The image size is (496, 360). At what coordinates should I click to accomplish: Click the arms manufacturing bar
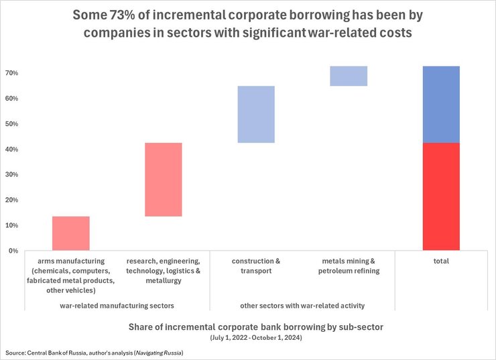point(71,233)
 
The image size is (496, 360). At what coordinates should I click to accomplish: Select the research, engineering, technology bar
point(164,180)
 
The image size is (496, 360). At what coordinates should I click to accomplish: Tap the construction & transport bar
point(256,114)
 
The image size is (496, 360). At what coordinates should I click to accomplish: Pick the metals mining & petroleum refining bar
point(349,76)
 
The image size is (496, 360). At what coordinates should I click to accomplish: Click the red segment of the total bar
point(441,196)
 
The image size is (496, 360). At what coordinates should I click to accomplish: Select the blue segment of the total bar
point(441,104)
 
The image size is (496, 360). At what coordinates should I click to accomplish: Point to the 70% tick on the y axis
point(12,73)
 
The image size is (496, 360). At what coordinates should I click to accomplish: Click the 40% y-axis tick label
point(12,149)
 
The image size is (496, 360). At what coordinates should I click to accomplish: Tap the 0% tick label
point(13,251)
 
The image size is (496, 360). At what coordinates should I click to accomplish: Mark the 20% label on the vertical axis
point(12,200)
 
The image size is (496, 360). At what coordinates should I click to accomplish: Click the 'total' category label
point(441,261)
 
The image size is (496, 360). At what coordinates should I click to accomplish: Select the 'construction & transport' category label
point(256,266)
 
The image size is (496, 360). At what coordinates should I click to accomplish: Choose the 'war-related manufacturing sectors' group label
point(117,306)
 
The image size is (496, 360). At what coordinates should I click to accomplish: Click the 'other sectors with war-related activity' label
point(302,306)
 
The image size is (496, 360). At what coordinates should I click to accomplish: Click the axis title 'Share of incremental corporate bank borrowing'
point(247,327)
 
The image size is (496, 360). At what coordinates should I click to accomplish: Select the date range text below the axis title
point(247,337)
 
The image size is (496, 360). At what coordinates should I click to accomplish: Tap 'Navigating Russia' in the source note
point(159,353)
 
